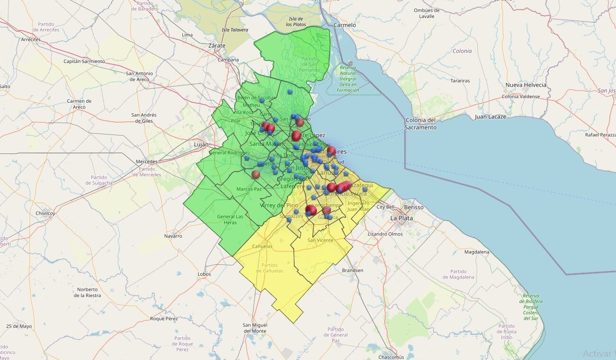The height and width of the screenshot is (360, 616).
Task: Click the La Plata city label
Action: [x=401, y=218]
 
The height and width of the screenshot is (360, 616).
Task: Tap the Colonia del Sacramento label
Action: [x=420, y=124]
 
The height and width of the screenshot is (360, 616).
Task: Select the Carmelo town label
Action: [x=344, y=25]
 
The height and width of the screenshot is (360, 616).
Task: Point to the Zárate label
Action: [x=217, y=45]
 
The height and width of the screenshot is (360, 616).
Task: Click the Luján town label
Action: [x=201, y=144]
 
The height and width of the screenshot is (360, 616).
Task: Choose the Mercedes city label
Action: [x=146, y=162]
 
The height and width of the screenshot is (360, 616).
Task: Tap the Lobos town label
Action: [x=204, y=274]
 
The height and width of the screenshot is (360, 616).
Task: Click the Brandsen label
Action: [x=353, y=270]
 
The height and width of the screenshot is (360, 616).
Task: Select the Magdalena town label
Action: [x=477, y=252]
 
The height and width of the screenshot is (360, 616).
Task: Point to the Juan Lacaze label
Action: [x=490, y=117]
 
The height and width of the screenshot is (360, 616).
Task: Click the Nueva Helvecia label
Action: [x=525, y=85]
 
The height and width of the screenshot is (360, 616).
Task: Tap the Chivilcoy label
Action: [x=45, y=213]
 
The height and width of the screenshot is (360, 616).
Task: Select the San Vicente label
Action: [x=320, y=240]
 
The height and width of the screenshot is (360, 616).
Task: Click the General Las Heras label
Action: [x=230, y=219]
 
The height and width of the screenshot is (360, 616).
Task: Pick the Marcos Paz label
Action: [x=249, y=189]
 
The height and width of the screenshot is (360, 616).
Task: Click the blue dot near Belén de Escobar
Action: [x=262, y=100]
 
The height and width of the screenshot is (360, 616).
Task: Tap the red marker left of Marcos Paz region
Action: [x=256, y=174]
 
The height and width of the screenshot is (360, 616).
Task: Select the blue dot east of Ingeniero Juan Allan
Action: [x=365, y=189]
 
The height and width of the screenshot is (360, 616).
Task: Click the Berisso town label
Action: [x=414, y=207]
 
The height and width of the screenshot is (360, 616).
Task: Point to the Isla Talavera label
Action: [x=235, y=30]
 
